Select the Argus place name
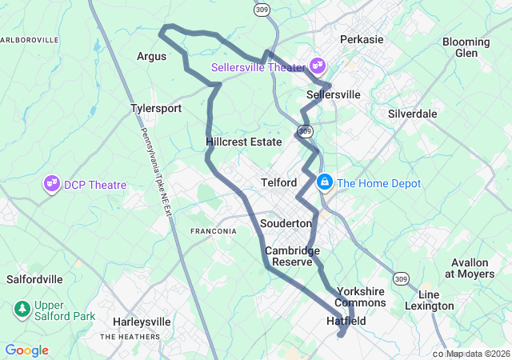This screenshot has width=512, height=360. tap(151, 56)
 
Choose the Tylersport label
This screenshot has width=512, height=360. tap(156, 108)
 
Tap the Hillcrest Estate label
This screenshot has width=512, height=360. tap(244, 142)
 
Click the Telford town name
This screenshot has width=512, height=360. tap(279, 182)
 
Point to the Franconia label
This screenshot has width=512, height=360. tap(213, 231)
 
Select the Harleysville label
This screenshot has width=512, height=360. tap(142, 322)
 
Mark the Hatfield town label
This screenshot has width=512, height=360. tap(346, 321)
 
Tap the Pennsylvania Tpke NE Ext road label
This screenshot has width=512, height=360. tap(157, 172)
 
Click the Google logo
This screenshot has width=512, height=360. tap(26, 350)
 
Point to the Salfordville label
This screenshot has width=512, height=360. tap(34, 279)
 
